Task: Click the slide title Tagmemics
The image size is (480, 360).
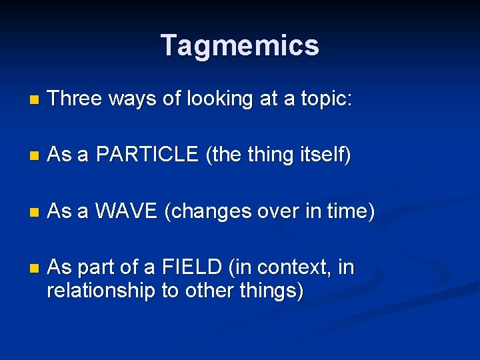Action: tap(240, 45)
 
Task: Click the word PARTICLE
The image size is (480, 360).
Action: tap(147, 155)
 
